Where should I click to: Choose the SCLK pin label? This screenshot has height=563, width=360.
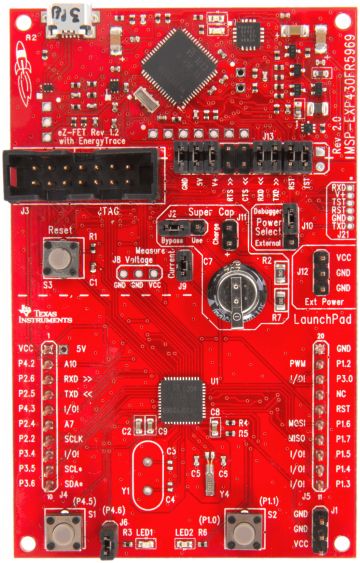(x=76, y=437)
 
